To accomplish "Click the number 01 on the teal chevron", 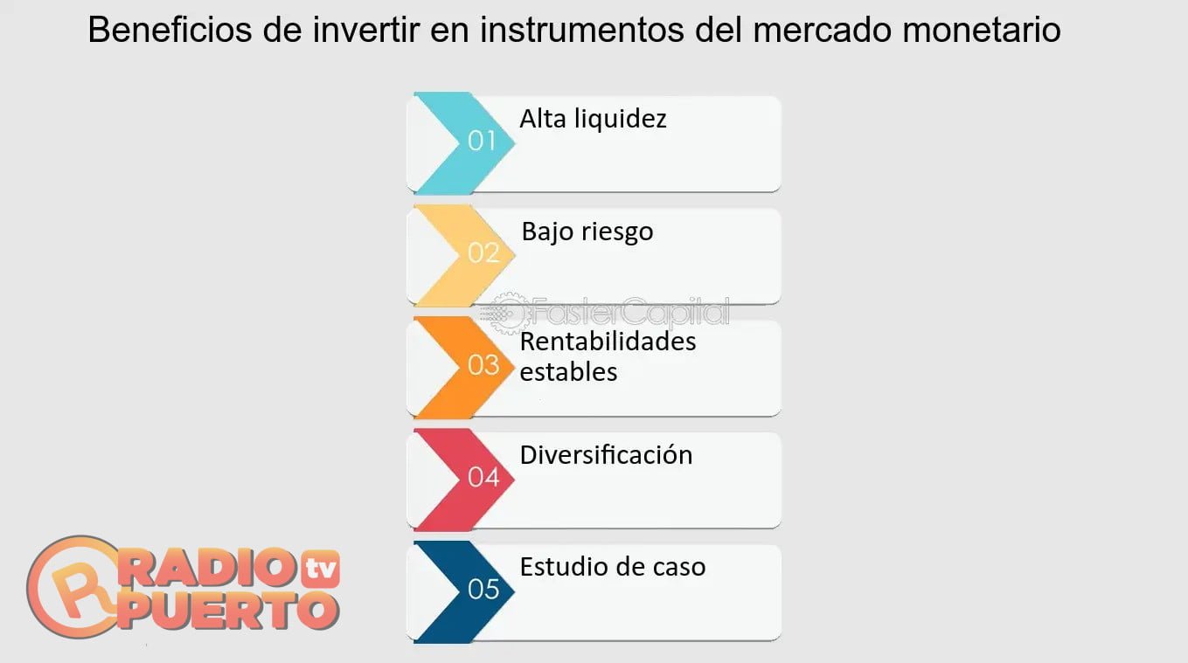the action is point(482,141).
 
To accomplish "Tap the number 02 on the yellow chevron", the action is point(483,252).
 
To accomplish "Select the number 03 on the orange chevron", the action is point(483,365).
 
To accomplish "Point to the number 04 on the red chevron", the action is point(483,477).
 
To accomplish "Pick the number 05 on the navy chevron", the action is point(483,590).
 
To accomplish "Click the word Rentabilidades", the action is point(608,342).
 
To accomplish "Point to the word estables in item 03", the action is point(568,371).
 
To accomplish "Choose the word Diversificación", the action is point(606,455).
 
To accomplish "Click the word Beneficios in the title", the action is point(170,30).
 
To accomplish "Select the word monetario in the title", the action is point(982,31).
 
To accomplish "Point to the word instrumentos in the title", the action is point(582,31).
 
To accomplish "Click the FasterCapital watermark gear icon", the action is point(505,314).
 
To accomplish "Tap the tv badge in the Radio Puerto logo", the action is point(321,569).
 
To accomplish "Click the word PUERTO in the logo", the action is point(228,611).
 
